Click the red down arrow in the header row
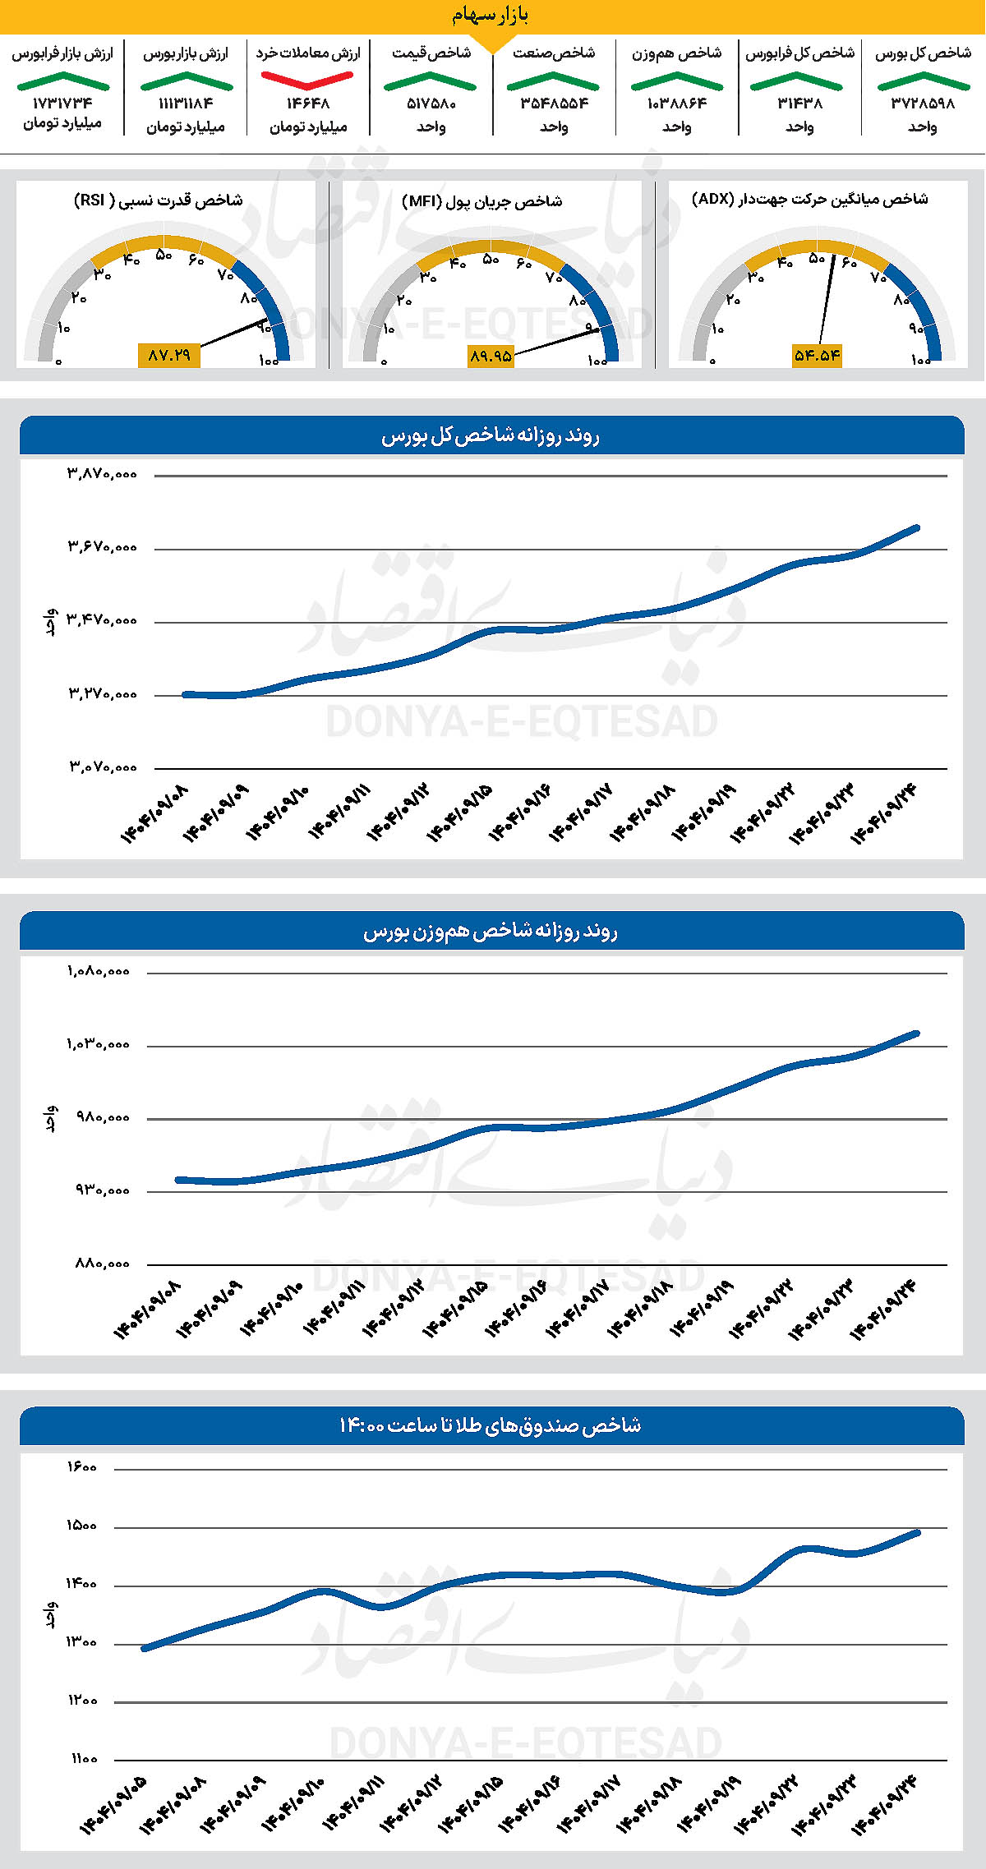[307, 80]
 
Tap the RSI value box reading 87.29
[169, 355]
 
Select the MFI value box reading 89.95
[491, 355]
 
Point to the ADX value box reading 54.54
[817, 355]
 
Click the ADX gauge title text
[810, 200]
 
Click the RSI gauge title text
[158, 200]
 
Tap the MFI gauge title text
[482, 201]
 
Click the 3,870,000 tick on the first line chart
[102, 474]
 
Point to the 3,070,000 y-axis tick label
[102, 767]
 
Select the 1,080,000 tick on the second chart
[99, 971]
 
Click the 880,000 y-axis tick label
[102, 1264]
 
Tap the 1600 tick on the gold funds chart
[81, 1467]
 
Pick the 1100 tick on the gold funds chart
[83, 1759]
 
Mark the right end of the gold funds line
[917, 1533]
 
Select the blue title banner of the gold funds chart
[491, 1425]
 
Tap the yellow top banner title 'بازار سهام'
[491, 16]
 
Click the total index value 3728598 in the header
[923, 104]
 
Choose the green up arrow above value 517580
[431, 81]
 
